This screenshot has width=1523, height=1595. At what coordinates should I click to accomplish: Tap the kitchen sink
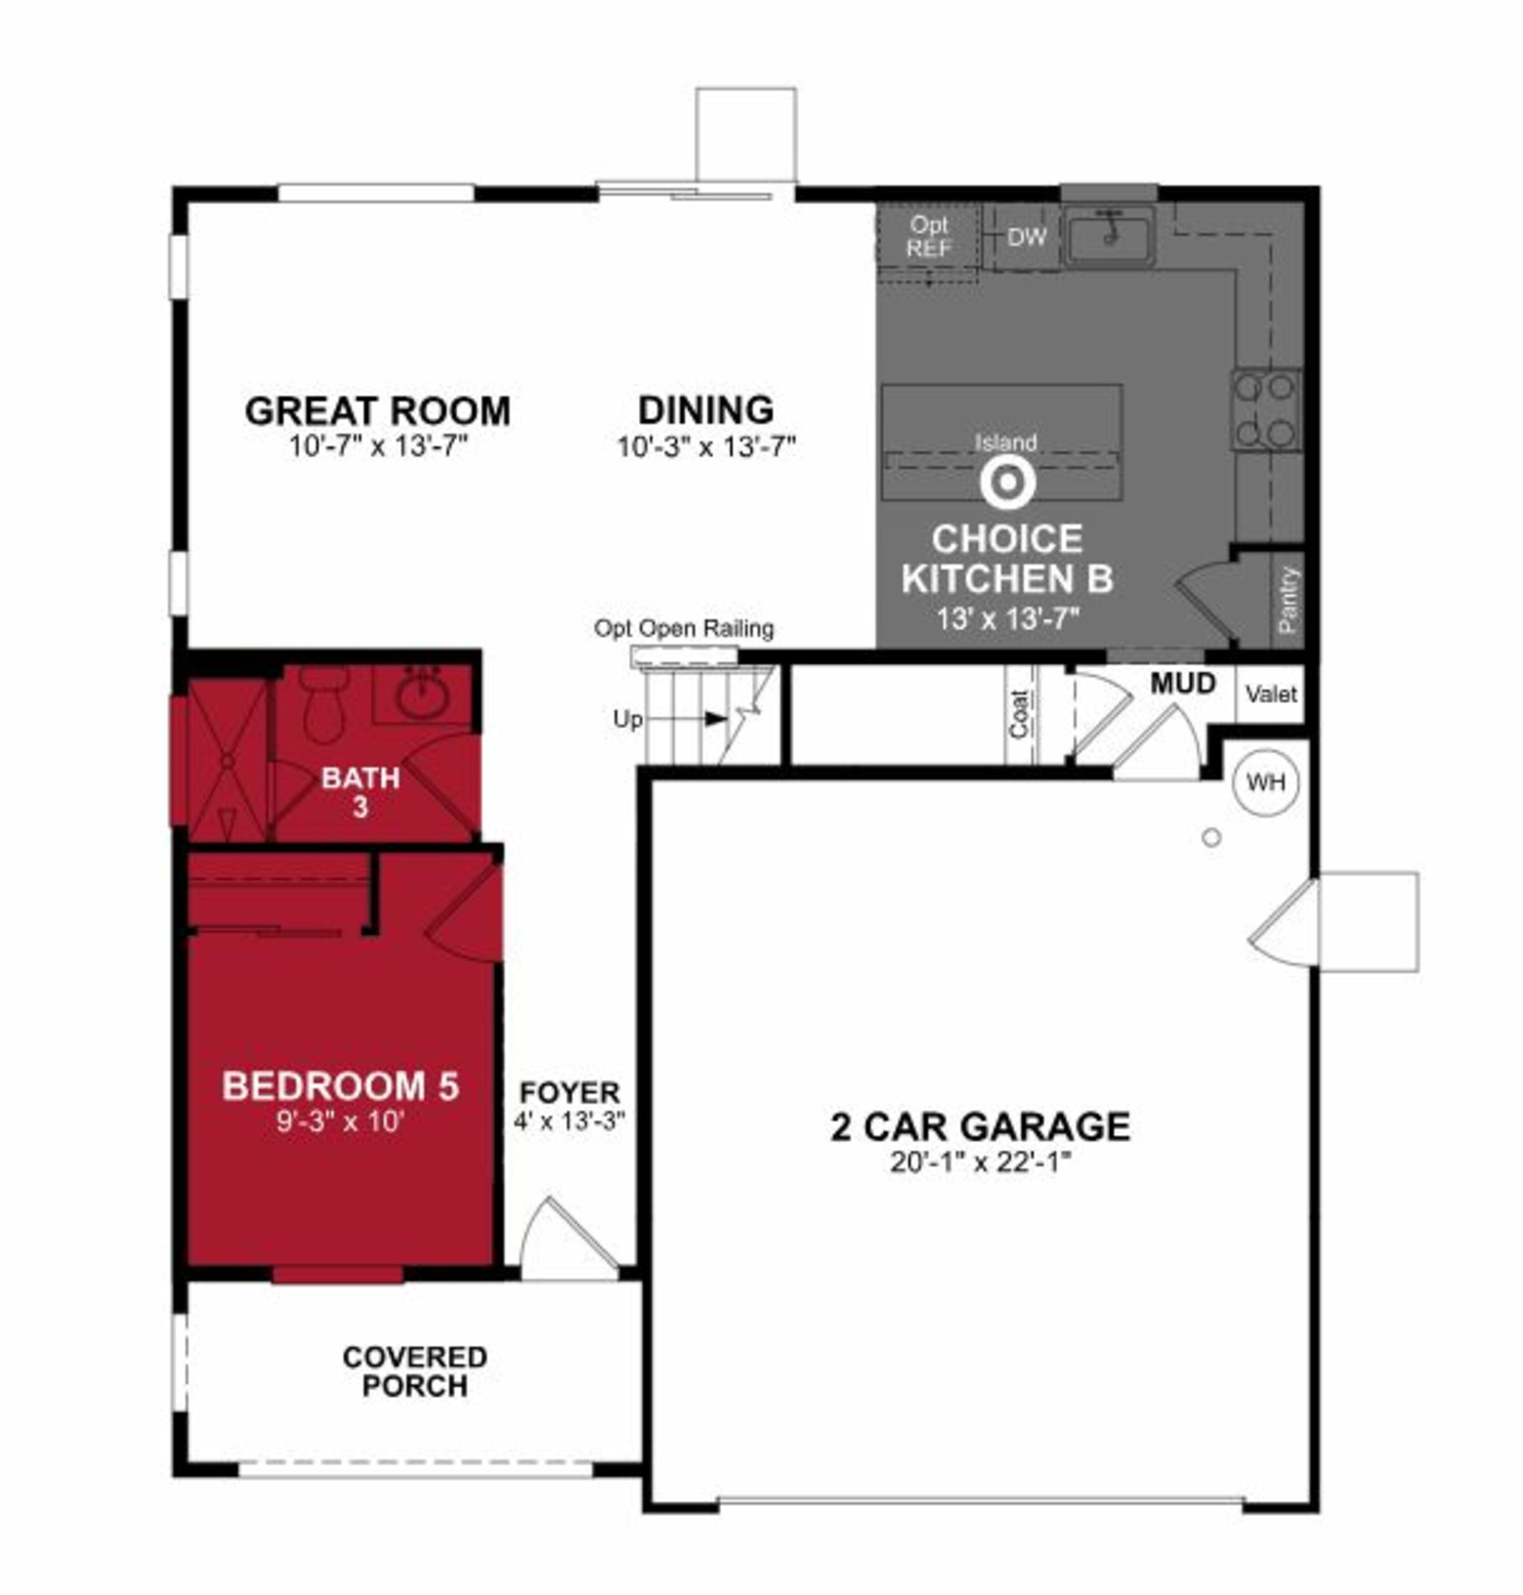tap(1109, 236)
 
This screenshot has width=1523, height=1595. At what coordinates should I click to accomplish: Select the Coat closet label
tap(1020, 714)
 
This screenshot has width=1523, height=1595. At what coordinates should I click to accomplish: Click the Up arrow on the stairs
tap(714, 718)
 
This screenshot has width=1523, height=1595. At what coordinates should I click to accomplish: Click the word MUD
tap(1183, 684)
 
